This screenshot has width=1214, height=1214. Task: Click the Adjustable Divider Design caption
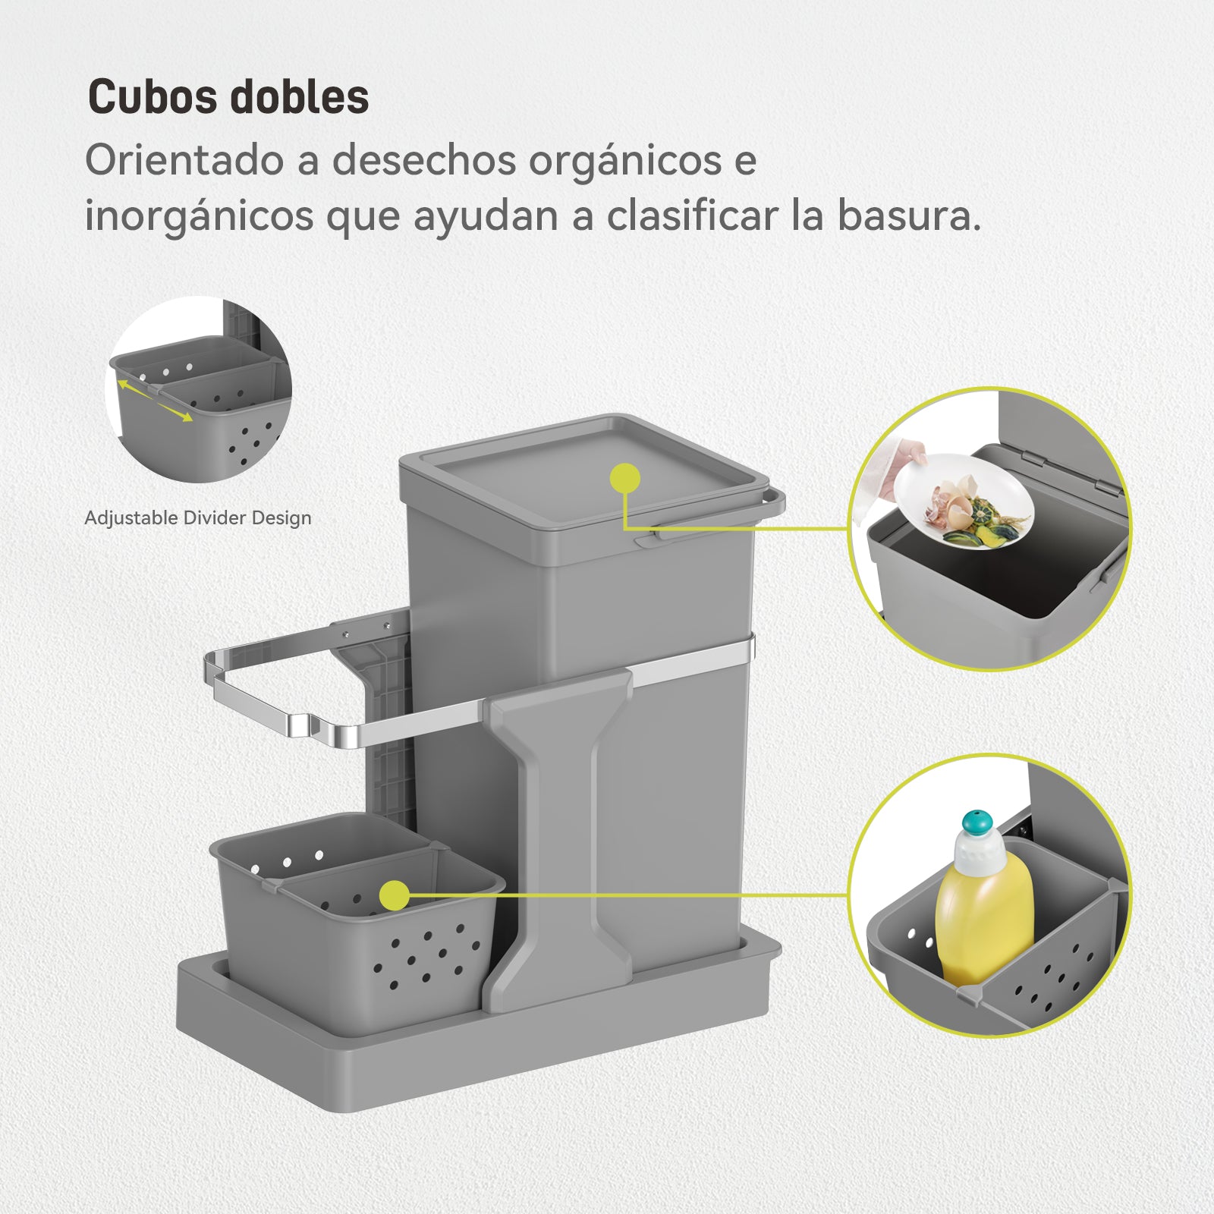[198, 518]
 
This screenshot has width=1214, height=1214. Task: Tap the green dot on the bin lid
[625, 479]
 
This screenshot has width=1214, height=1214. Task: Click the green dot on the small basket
[395, 895]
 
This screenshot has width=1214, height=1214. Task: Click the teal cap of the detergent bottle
[977, 823]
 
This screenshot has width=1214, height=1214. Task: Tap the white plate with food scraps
[964, 502]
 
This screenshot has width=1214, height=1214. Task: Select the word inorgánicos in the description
[199, 217]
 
